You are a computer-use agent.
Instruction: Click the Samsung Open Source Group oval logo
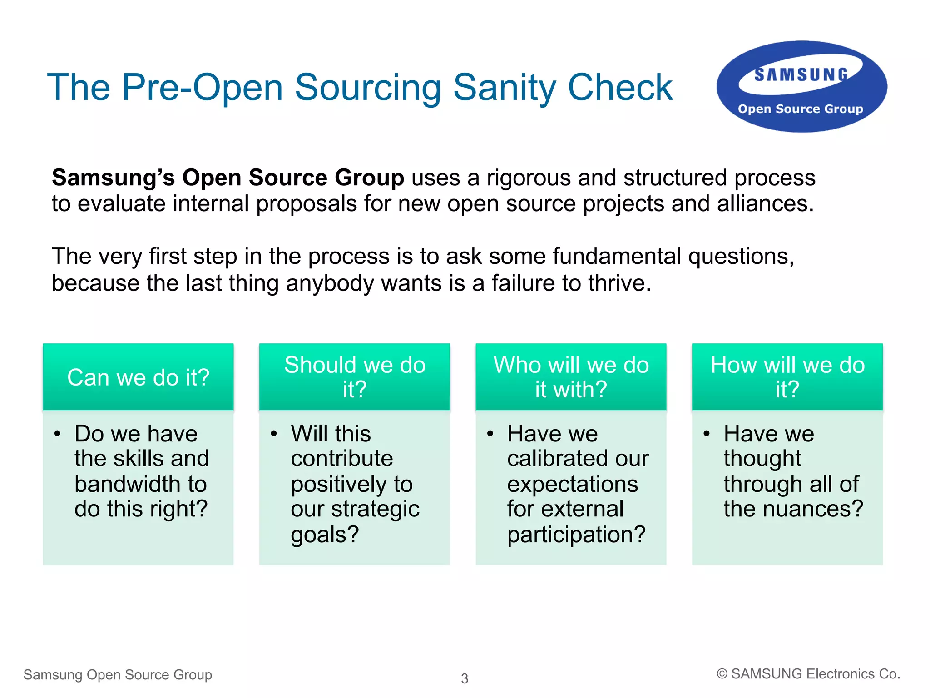tap(801, 87)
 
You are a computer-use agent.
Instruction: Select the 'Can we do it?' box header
tap(138, 377)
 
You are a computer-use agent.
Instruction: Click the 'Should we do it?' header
tap(355, 377)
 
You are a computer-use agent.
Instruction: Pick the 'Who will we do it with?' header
tap(571, 377)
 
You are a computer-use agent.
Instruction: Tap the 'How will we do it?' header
tap(787, 377)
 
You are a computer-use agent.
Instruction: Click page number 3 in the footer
tap(464, 678)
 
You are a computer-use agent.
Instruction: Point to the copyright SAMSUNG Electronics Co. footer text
tap(808, 674)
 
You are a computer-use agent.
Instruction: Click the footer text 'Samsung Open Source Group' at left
tap(118, 674)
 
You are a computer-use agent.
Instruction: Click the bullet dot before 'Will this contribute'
tap(273, 434)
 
